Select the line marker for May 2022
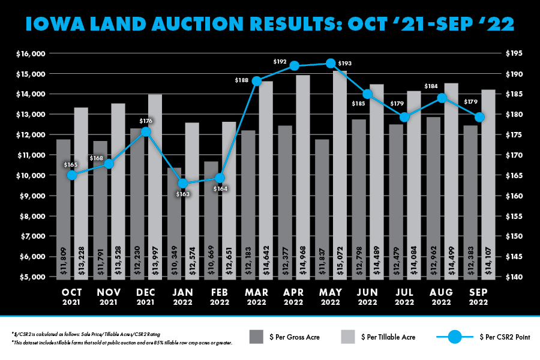tap(331, 63)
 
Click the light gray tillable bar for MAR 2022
tap(266, 180)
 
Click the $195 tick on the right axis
tap(514, 53)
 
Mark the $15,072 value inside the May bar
tap(341, 259)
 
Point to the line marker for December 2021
tap(146, 132)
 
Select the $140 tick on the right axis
tap(514, 277)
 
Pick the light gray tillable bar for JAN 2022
tap(192, 198)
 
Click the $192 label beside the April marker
tap(280, 61)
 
